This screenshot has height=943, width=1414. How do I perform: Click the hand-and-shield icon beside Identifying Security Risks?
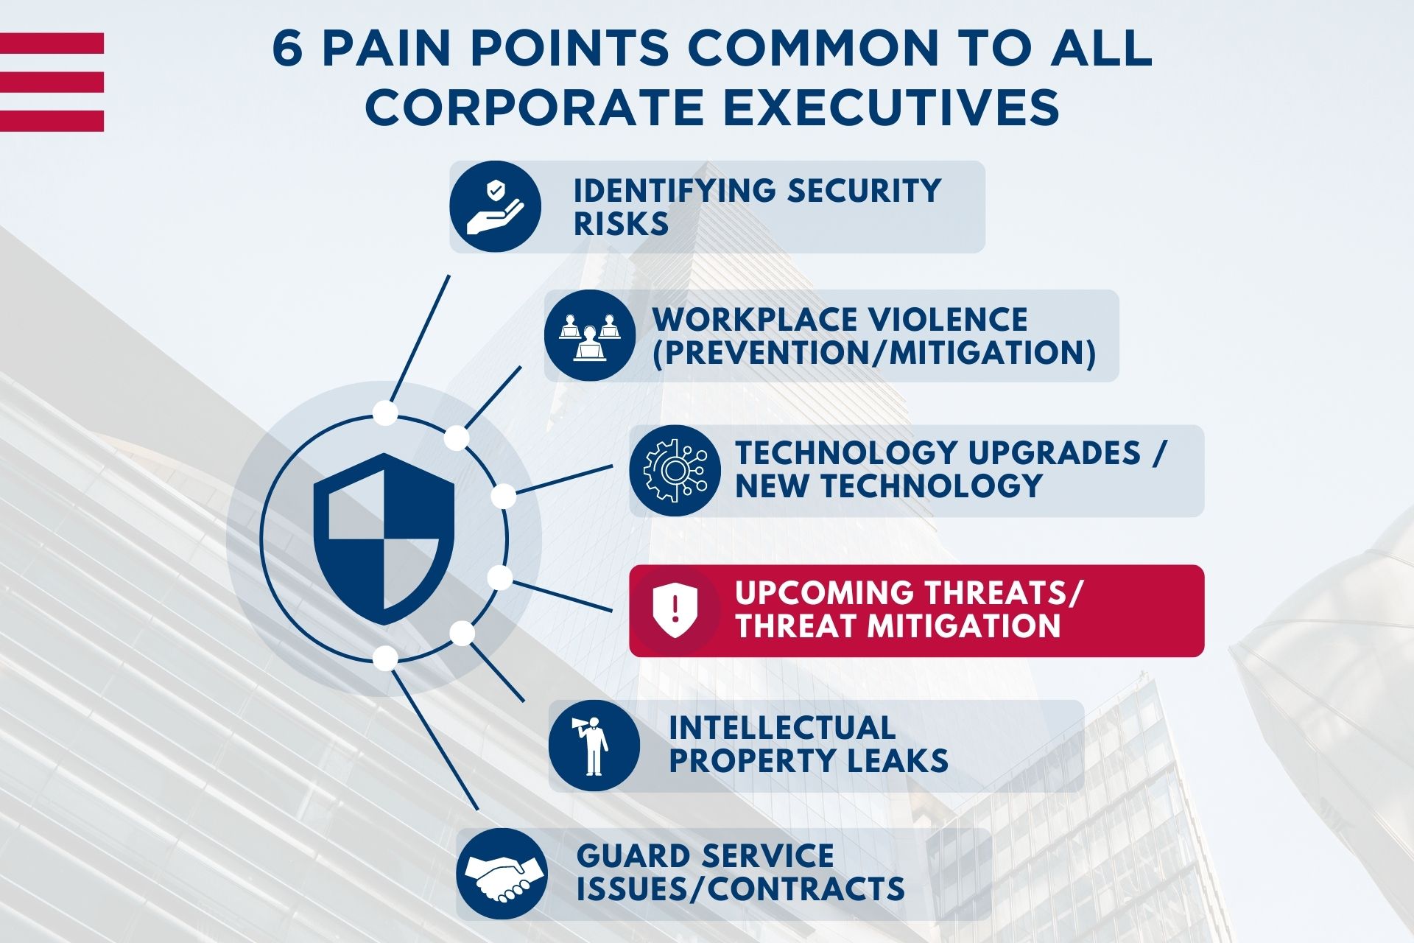495,207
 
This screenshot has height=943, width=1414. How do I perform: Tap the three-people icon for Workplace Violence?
589,336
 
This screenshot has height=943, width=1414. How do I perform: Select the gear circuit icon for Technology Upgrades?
675,470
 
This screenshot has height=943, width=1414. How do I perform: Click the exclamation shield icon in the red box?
675,610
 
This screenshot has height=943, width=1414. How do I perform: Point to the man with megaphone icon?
594,746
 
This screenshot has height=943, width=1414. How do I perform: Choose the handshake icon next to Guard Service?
502,874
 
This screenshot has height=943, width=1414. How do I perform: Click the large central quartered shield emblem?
384,539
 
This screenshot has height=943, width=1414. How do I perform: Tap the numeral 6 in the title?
288,50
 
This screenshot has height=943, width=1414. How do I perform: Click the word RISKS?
621,224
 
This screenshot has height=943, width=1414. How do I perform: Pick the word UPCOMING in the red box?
823,593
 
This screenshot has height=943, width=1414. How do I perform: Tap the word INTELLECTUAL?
782,728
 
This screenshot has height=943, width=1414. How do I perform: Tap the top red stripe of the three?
52,43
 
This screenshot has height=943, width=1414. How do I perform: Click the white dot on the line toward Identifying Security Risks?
384,413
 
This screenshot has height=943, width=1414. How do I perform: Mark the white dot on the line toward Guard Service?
385,656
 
